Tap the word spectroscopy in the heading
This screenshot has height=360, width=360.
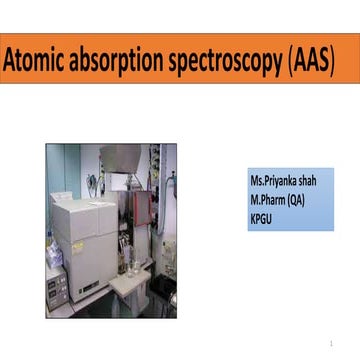tap(226, 61)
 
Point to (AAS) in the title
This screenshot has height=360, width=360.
tap(311, 61)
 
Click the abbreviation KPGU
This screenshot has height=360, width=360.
tap(262, 214)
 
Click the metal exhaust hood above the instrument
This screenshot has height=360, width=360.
tap(122, 158)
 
